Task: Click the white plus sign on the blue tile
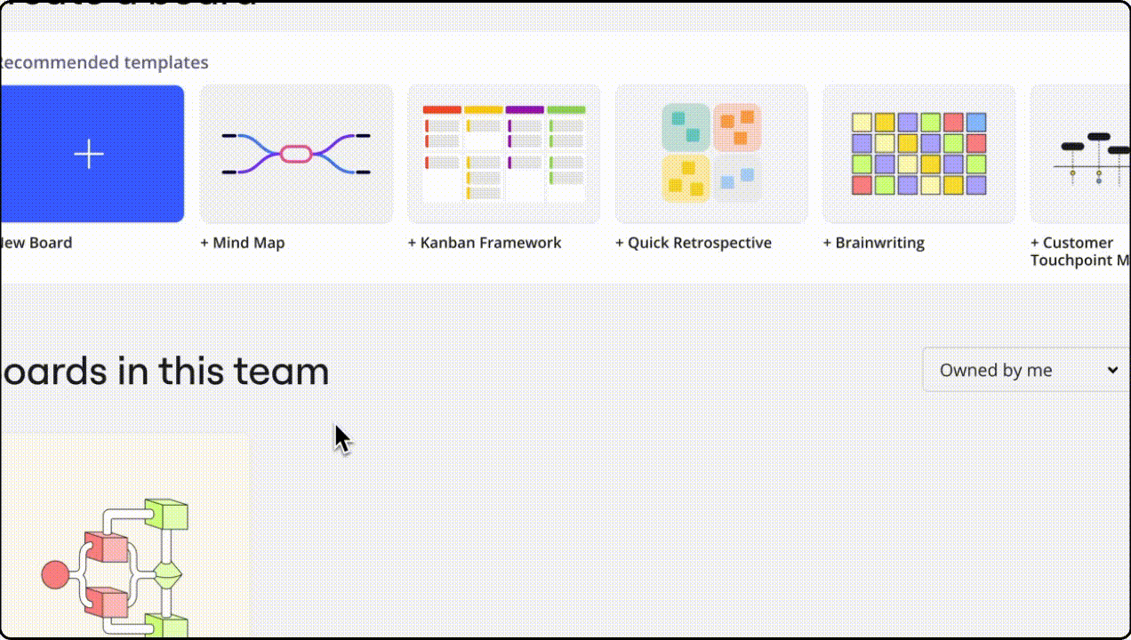pos(89,154)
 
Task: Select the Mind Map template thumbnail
pos(296,154)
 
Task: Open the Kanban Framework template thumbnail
pos(504,154)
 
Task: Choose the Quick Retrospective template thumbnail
pos(711,154)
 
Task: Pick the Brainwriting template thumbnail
pos(918,154)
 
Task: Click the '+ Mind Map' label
pos(243,243)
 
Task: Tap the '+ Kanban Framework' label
pos(485,243)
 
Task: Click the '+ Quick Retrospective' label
pos(694,243)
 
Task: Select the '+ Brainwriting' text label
pos(874,243)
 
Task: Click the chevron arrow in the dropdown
pos(1112,371)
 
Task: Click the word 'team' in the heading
pos(281,372)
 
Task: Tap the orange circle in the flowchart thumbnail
pos(55,575)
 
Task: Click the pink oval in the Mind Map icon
pos(296,154)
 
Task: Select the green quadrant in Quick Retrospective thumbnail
pos(686,126)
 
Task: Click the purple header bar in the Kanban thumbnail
pos(525,110)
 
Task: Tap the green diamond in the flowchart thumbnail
pos(168,575)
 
